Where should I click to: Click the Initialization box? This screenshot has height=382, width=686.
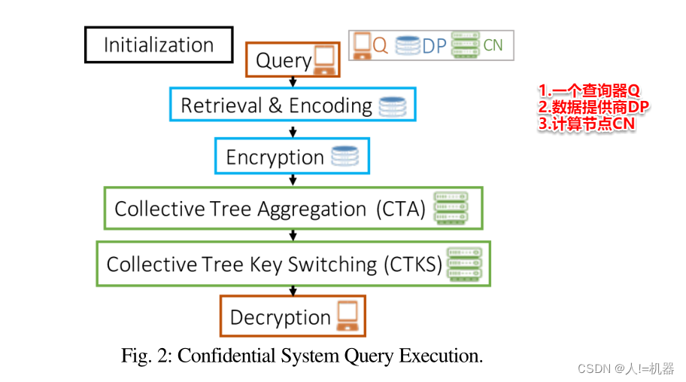tap(159, 44)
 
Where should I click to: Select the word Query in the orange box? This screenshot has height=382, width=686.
tap(284, 60)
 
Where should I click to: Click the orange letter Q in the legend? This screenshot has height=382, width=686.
tap(381, 46)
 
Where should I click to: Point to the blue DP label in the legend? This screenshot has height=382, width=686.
tap(434, 46)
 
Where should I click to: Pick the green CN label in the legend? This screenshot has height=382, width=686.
tap(493, 45)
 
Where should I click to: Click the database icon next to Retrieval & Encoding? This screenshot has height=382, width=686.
tap(392, 106)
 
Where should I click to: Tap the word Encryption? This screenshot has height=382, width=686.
tap(275, 157)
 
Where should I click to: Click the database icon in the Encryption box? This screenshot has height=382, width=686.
tap(345, 157)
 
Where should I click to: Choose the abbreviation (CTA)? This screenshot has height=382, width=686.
tap(401, 209)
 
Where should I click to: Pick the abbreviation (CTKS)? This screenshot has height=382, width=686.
tap(413, 264)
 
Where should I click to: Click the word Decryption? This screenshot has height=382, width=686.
tap(280, 317)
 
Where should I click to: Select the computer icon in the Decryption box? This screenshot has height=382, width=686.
tap(347, 316)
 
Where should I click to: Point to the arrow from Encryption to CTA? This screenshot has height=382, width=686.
tap(293, 179)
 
